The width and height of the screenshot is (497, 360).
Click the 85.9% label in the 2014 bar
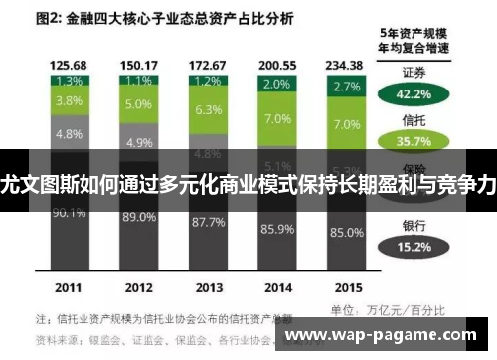coord(276,230)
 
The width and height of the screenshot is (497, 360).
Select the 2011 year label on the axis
coord(68,288)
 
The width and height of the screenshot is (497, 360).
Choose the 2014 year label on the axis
coord(276,288)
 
